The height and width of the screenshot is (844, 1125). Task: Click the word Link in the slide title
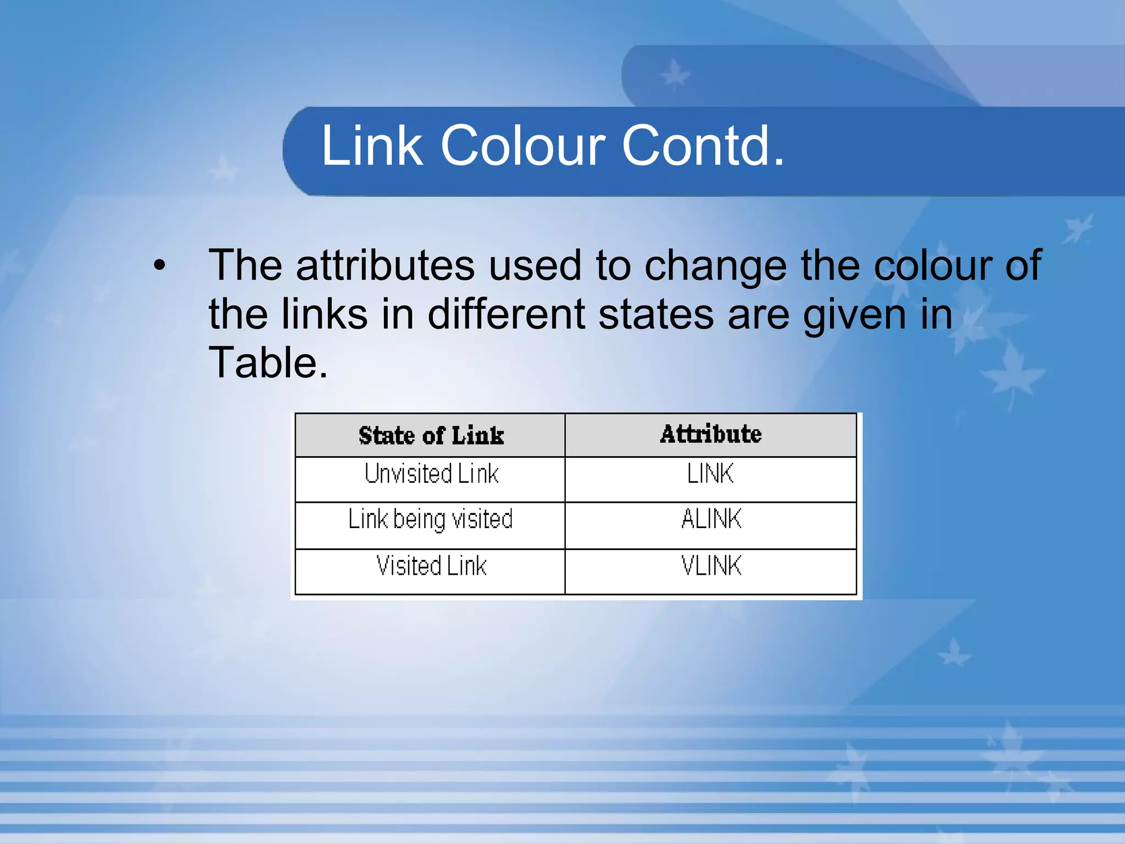click(371, 146)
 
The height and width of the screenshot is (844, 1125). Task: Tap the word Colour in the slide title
click(522, 146)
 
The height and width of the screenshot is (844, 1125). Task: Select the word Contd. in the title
click(703, 146)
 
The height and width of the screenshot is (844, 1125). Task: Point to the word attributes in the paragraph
click(385, 265)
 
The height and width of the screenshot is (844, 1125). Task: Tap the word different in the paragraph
click(506, 314)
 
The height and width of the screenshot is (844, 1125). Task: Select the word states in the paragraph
click(656, 314)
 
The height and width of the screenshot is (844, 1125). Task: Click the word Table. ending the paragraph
click(268, 363)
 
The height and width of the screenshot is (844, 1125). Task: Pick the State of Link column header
click(431, 435)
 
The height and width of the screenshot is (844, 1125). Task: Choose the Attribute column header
click(711, 434)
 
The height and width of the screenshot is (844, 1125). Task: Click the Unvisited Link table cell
click(431, 474)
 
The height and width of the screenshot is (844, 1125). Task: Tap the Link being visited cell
click(431, 519)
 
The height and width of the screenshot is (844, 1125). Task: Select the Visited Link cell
click(431, 566)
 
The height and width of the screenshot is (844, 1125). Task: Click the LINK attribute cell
click(710, 474)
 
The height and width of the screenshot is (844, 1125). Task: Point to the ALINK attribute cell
click(711, 519)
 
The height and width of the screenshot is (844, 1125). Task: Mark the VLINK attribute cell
click(711, 566)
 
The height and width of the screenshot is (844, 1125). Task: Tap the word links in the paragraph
click(324, 314)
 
